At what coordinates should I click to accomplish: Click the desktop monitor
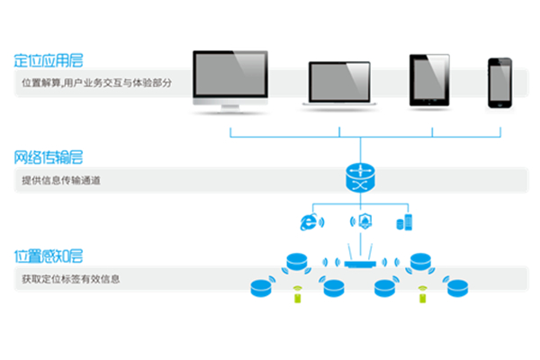click(x=231, y=81)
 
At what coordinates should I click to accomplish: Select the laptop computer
click(x=341, y=86)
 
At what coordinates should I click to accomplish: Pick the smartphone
click(x=499, y=83)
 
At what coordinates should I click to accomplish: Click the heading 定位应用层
click(x=47, y=61)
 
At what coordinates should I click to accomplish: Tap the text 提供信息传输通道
click(x=61, y=180)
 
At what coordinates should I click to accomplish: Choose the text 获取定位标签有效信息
click(x=71, y=279)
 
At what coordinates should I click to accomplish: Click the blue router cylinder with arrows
click(x=361, y=177)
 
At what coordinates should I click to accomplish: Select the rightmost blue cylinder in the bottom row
click(x=458, y=288)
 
